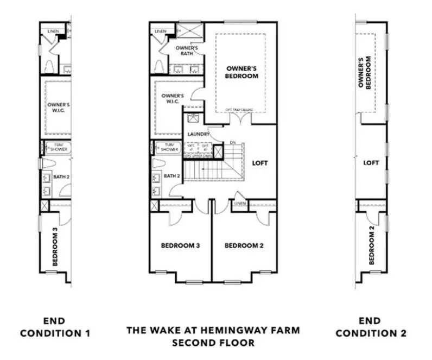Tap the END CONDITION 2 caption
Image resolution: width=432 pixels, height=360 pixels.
click(371, 327)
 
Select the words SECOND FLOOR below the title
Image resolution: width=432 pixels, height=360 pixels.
click(213, 343)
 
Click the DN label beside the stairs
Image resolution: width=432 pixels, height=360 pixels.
click(233, 143)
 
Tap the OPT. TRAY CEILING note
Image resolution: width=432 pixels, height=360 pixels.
click(240, 110)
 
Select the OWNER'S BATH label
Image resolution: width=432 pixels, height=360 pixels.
click(189, 50)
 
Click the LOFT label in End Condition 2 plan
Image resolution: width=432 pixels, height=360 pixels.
click(371, 162)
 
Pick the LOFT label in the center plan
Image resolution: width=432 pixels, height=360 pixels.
click(260, 162)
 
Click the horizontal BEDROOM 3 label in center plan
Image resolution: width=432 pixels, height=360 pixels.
click(181, 245)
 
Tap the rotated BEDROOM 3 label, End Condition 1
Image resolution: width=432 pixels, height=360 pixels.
click(55, 247)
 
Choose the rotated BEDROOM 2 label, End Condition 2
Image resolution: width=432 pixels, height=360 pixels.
click(372, 245)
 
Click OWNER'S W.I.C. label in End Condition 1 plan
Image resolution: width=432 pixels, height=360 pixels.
click(58, 107)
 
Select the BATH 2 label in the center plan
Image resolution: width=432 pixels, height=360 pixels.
click(171, 176)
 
